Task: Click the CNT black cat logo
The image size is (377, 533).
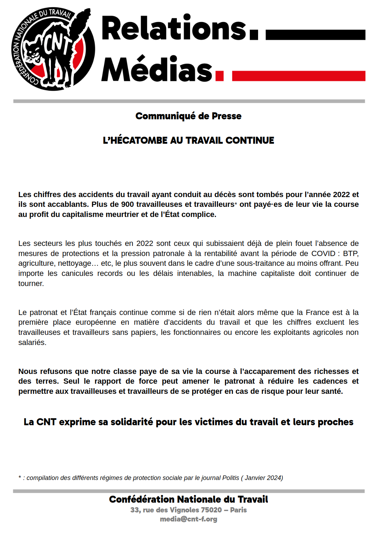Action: click(53, 49)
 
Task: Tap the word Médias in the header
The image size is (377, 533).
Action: click(157, 69)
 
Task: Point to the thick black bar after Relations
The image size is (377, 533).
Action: click(315, 35)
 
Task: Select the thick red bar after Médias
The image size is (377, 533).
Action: click(299, 76)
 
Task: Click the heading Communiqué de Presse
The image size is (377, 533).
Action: click(188, 116)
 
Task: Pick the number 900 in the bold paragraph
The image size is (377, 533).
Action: click(127, 204)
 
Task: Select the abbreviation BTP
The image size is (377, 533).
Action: click(350, 254)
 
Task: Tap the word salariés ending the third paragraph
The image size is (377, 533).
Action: click(32, 343)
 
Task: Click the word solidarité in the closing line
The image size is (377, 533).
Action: click(132, 422)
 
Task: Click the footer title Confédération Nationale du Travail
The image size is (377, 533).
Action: click(188, 500)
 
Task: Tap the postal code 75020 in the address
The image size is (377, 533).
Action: click(211, 510)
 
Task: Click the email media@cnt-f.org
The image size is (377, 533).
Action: click(188, 519)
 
